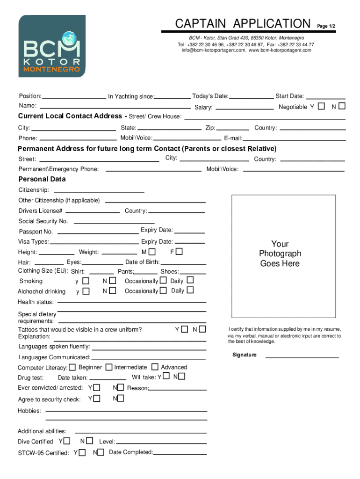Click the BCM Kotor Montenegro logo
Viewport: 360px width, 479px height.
tap(52, 46)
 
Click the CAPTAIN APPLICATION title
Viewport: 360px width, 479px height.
tap(242, 23)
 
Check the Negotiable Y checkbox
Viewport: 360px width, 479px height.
tap(321, 106)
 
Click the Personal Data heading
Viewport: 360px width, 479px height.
tap(42, 179)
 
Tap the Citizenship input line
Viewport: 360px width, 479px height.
tap(99, 191)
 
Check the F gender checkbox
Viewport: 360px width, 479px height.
tap(179, 252)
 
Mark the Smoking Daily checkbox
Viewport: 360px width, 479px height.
tap(190, 280)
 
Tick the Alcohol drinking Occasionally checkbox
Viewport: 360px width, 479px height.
tap(163, 290)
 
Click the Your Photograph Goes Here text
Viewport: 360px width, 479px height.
tap(280, 254)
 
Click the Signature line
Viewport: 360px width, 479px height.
tap(302, 356)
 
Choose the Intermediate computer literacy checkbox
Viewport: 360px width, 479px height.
tap(109, 367)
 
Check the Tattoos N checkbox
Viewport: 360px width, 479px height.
tap(202, 329)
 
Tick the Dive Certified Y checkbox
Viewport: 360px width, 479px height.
tap(67, 441)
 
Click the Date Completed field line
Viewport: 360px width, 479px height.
tap(180, 454)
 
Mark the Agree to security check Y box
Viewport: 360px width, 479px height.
tap(96, 399)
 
